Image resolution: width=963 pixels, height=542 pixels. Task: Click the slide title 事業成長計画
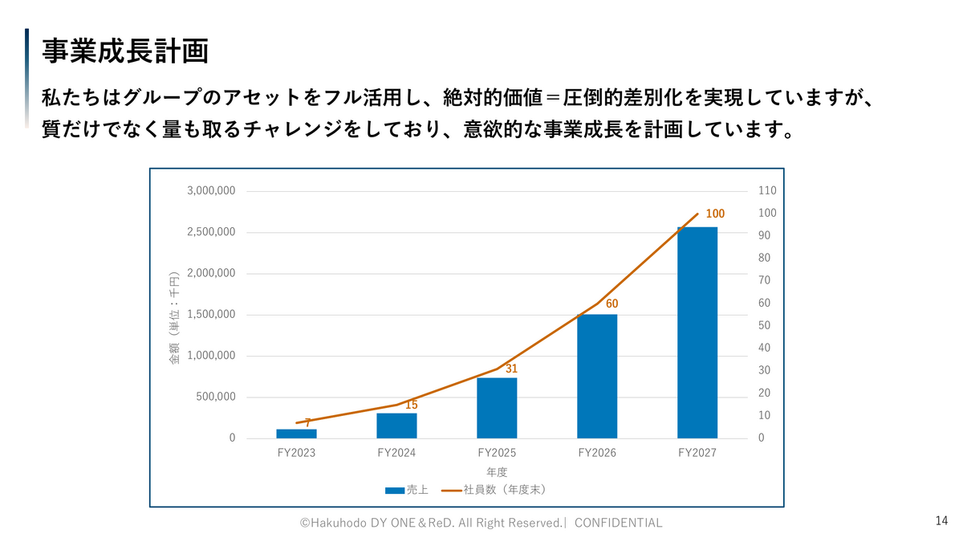coord(125,51)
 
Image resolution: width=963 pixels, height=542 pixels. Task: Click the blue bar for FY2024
coord(396,426)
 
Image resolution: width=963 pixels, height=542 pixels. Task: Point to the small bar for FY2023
coord(296,434)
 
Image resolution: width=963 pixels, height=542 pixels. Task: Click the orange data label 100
coord(715,214)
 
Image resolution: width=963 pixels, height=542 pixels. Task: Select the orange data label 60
coord(612,304)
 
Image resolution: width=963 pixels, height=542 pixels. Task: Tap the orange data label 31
coord(511,369)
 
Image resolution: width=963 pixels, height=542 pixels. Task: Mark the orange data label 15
coord(411,405)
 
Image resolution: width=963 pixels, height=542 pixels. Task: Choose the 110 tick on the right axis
coord(766,191)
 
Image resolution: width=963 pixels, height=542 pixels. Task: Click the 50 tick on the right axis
coord(764,326)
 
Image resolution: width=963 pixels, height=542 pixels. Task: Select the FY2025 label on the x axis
coord(497,453)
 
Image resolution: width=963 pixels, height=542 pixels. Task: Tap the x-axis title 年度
coord(497,472)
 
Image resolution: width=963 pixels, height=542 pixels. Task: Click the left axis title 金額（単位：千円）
coord(174,319)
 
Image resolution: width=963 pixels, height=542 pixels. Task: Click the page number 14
coord(941,521)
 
